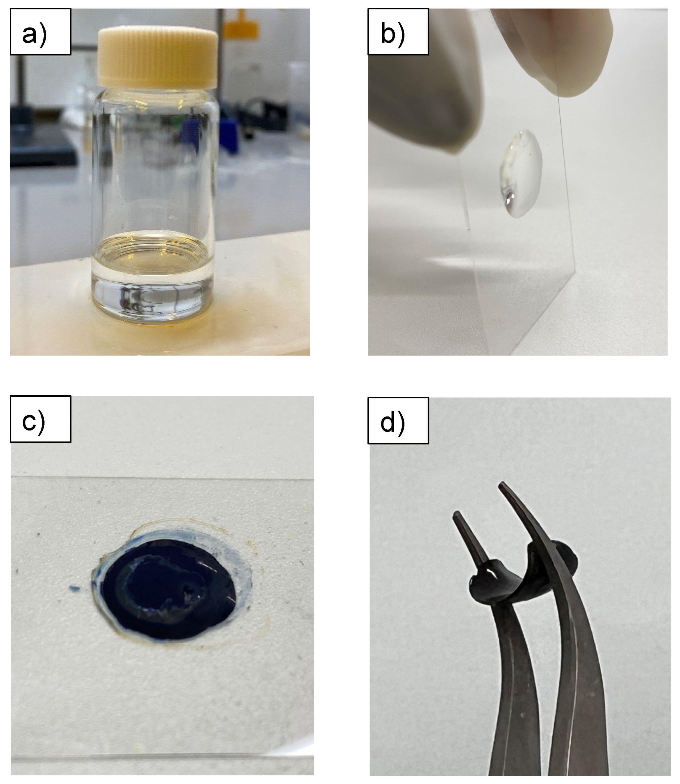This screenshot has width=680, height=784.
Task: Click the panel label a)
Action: (35, 34)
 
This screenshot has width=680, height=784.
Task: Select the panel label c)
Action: (34, 421)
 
